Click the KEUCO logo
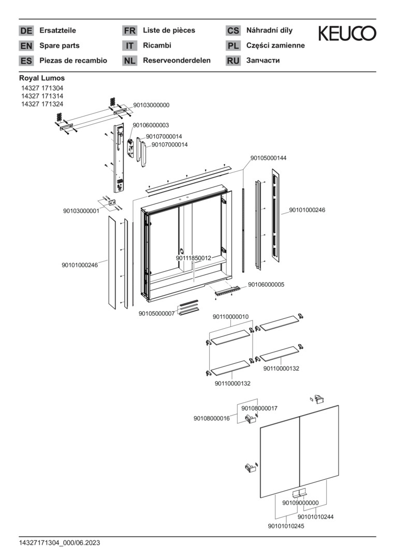pos(347,34)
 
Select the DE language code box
pos(26,31)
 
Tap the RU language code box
pos(233,61)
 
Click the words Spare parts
pos(60,46)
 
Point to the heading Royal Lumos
pos(42,78)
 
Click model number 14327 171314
pos(42,96)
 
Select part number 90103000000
pos(151,105)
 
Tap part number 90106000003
pos(151,125)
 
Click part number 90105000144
pos(268,158)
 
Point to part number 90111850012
pos(193,257)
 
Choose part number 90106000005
pos(266,284)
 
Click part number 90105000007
pos(156,313)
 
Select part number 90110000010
pos(230,317)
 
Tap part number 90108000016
pos(212,418)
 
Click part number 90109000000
pos(300,503)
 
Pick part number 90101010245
pos(286,526)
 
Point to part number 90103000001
pos(81,211)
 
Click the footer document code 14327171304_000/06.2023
pos(60,543)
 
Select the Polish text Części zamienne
pos(275,46)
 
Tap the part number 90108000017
pos(259,408)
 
